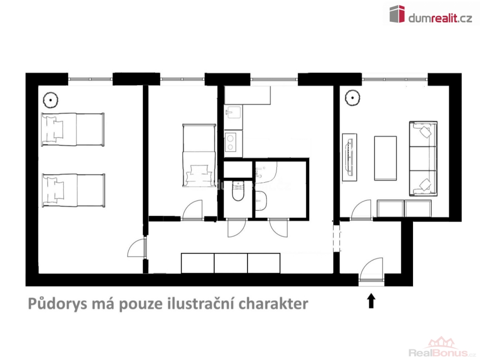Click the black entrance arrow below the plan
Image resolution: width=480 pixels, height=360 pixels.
tap(371, 300)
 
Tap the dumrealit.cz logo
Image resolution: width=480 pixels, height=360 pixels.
tap(430, 14)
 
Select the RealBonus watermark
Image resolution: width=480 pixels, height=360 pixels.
tap(442, 348)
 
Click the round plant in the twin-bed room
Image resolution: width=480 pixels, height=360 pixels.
tap(51, 100)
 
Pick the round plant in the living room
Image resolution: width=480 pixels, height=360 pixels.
tap(352, 98)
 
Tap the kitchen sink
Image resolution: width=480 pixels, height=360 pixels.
tap(233, 113)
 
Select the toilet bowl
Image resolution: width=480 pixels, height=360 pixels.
tap(238, 191)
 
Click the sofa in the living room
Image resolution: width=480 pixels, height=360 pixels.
tap(423, 158)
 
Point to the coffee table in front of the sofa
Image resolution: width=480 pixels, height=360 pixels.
tap(385, 158)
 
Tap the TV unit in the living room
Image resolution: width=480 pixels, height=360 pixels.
tap(349, 157)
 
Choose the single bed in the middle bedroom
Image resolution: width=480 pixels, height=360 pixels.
tap(199, 156)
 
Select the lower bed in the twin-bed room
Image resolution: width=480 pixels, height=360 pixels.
tap(74, 190)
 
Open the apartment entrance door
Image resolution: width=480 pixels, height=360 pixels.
tap(372, 270)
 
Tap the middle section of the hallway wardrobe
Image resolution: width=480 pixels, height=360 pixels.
tap(231, 263)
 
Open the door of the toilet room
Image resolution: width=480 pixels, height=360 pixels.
tap(237, 228)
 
